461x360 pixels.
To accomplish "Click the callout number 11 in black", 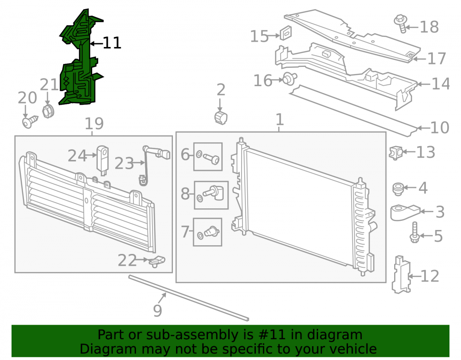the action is click(x=112, y=43).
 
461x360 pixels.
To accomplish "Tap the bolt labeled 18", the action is click(x=401, y=24).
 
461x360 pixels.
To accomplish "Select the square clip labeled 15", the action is click(x=285, y=33).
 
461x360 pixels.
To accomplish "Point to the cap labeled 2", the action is click(x=221, y=118).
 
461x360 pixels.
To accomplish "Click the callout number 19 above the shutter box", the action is click(x=94, y=124).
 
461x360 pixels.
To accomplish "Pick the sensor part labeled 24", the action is click(x=103, y=160).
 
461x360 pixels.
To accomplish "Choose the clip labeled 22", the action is click(x=156, y=261).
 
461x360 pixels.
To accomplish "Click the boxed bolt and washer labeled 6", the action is click(x=208, y=157).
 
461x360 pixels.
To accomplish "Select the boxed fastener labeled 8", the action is click(x=212, y=195).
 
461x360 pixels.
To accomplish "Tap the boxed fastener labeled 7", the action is click(x=207, y=232).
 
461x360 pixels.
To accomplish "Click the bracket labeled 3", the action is click(x=405, y=212).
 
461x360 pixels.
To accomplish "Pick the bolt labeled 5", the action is click(x=414, y=232).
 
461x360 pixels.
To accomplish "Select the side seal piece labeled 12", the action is click(x=401, y=274).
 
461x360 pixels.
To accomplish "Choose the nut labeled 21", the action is click(x=48, y=112).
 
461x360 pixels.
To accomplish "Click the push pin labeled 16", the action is click(x=290, y=79).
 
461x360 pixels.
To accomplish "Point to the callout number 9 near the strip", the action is click(x=158, y=310).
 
